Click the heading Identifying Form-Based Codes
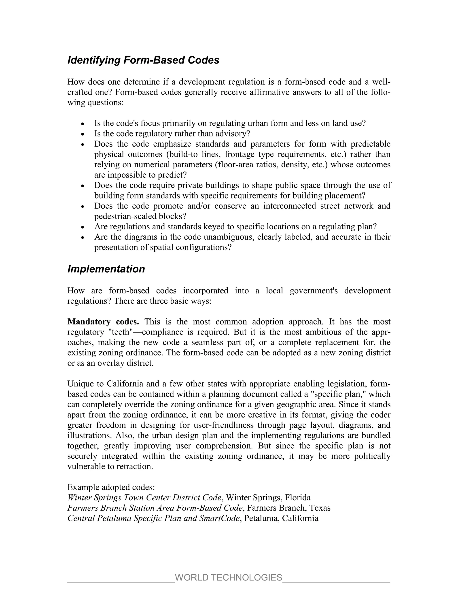point(143,60)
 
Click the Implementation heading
point(106,269)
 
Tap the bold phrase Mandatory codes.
point(103,322)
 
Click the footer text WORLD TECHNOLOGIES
point(229,577)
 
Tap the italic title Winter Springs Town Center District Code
point(144,497)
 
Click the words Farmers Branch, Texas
point(289,508)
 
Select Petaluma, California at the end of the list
point(281,518)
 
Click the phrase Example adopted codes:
point(111,487)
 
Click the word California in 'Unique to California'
point(125,384)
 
